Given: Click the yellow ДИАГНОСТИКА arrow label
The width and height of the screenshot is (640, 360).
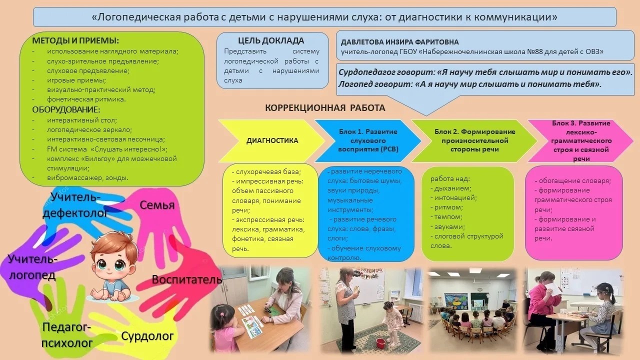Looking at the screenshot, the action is click(272, 140).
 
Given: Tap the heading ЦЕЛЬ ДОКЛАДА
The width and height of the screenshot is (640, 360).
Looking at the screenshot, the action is click(271, 41).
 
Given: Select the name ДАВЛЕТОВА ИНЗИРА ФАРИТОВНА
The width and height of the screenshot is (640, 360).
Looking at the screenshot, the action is click(399, 42).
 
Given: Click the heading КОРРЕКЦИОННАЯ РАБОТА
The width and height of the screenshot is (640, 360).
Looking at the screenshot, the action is click(325, 108).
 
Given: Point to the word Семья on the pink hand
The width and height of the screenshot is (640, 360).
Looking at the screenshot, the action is click(157, 205).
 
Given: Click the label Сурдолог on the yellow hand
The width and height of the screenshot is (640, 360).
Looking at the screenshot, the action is click(147, 336).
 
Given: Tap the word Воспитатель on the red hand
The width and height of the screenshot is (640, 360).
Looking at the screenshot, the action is click(187, 279).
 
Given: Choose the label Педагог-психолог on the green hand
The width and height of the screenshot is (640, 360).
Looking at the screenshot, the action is click(67, 335).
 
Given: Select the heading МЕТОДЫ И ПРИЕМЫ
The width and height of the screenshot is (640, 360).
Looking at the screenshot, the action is click(75, 40).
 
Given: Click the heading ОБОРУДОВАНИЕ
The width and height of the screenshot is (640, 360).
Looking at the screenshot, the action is click(66, 109).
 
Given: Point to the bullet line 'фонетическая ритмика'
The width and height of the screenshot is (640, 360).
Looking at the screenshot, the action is click(86, 99).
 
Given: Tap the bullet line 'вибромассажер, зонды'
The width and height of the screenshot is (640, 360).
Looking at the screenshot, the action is click(87, 177).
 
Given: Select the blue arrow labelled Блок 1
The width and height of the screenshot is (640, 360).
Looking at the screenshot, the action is click(368, 140).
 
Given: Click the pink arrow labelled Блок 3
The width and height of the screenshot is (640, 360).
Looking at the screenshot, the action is click(580, 141).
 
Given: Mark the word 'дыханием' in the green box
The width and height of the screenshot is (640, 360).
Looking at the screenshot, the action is click(452, 188).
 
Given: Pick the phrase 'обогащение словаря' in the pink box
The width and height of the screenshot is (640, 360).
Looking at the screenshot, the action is click(574, 181).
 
